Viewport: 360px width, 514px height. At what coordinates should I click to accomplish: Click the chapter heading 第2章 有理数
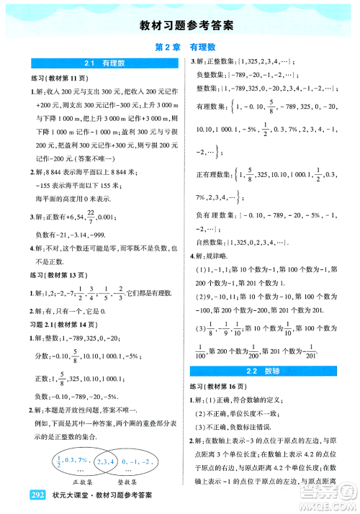(181, 45)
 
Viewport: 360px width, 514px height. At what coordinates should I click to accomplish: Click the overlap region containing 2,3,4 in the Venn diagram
(102, 464)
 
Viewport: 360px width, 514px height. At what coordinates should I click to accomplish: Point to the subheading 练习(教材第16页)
(225, 385)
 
